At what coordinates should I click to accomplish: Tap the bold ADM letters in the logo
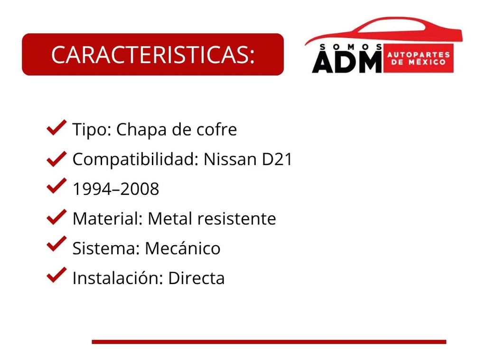[346, 62]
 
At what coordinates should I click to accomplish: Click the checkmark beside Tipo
[56, 128]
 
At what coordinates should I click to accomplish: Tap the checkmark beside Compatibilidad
[56, 158]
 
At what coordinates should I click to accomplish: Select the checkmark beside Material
[56, 217]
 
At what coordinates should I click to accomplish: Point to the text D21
[277, 160]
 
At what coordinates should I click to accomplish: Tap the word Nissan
[230, 160]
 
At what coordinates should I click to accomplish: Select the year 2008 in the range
[140, 189]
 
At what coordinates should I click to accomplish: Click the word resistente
[236, 219]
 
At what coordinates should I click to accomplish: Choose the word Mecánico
[183, 248]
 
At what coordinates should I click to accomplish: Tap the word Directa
[196, 278]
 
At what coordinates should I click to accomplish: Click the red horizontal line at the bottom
[269, 342]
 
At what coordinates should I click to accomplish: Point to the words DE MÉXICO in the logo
[419, 63]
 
